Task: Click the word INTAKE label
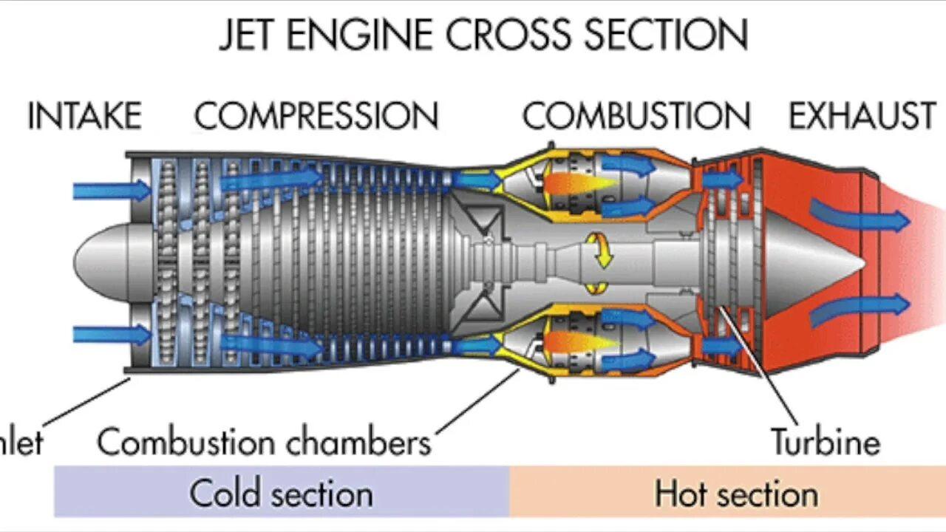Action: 84,117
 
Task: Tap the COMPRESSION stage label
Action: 316,117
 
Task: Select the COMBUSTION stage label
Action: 636,117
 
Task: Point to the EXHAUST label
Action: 862,117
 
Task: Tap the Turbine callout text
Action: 826,441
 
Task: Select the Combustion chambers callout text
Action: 264,443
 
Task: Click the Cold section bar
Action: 281,493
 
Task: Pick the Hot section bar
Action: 735,493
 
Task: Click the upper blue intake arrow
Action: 111,191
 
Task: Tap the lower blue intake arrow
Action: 111,335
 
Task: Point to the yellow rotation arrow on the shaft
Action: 600,251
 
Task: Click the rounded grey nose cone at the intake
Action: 103,262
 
